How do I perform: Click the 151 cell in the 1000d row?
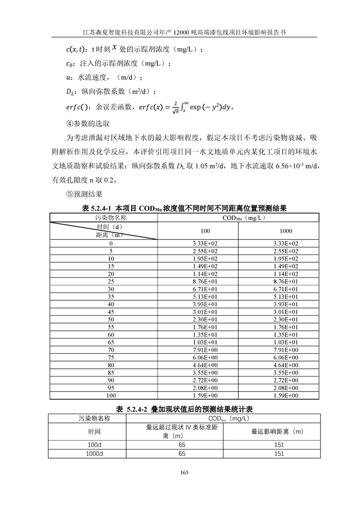tap(279, 454)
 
